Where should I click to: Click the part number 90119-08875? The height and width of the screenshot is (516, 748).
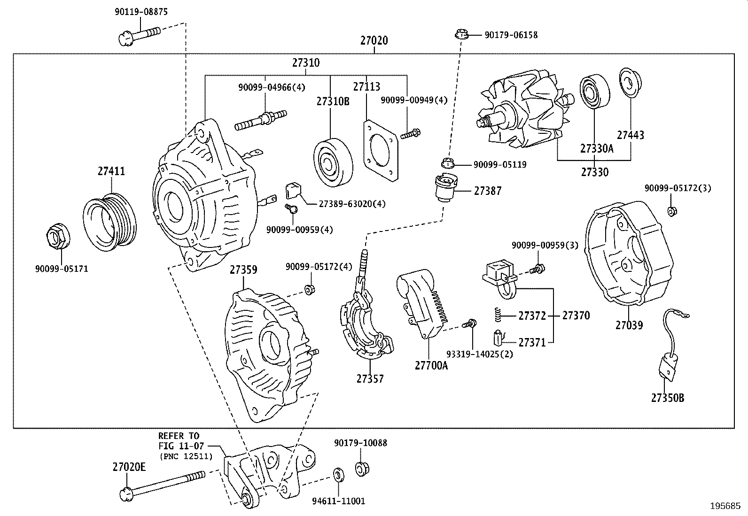tap(140, 12)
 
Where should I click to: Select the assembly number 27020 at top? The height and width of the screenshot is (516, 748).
tap(374, 40)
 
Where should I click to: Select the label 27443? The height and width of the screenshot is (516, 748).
tap(630, 135)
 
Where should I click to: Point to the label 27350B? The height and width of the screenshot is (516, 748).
tap(667, 398)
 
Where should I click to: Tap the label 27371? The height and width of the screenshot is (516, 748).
tap(532, 343)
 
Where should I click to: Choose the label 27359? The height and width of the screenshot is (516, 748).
tap(243, 270)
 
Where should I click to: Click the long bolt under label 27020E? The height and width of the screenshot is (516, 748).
tap(164, 484)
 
